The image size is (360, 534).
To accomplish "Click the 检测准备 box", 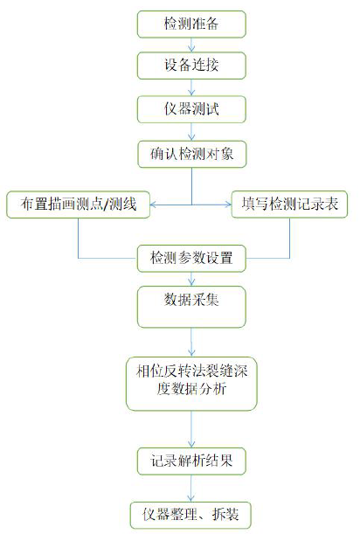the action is point(191,24).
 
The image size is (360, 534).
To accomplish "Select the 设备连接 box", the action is point(191,66).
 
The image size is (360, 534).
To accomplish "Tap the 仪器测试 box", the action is point(191,109).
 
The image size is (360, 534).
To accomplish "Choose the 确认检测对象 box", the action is point(191,154).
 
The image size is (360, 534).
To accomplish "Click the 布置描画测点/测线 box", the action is point(78,205).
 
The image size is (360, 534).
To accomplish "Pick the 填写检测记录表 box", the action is point(289,204).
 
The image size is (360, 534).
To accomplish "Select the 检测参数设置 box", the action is point(191,258).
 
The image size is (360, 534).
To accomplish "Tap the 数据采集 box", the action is point(191,307).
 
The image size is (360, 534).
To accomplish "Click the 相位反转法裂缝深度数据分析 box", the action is point(191,384).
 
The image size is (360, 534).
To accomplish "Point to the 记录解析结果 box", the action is point(191,461).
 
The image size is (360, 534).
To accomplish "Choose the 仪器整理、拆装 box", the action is point(190,515).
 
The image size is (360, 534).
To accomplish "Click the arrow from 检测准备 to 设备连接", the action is point(191,45).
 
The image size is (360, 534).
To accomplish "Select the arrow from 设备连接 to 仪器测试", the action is point(191,87).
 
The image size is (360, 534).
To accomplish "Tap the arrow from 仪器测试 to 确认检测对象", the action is point(191,131).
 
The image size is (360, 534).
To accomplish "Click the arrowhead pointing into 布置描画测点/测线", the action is point(153,205).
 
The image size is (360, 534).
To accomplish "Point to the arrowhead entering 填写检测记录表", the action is point(228,205).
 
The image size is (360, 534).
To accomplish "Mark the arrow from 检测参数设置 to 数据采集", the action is point(191,279).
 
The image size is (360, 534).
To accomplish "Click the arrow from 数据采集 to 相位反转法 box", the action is point(191,343).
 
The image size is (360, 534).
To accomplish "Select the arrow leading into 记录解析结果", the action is point(191,429).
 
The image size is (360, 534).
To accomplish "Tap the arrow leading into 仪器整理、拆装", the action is point(191,488).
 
